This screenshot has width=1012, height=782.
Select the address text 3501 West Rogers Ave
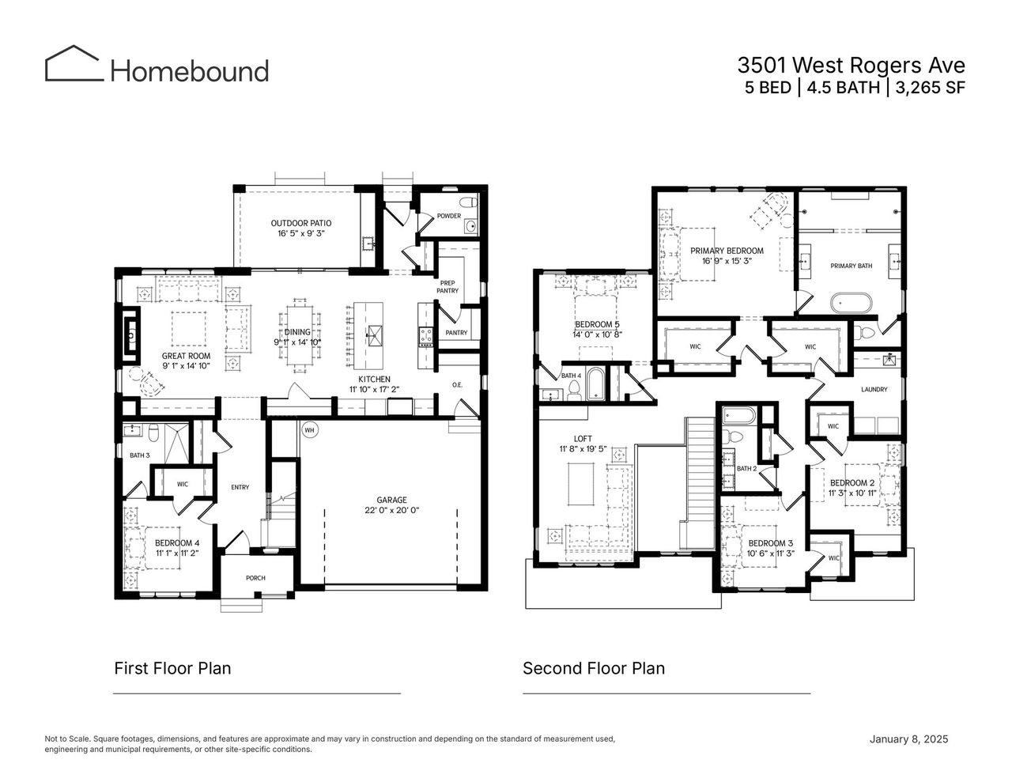pyautogui.click(x=851, y=64)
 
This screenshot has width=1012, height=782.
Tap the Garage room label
pyautogui.click(x=391, y=500)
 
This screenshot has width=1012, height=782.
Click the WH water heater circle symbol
pyautogui.click(x=308, y=429)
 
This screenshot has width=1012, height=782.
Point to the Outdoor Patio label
pyautogui.click(x=300, y=223)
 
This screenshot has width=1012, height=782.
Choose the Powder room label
pyautogui.click(x=448, y=216)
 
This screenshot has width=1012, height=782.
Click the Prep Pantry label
pyautogui.click(x=447, y=286)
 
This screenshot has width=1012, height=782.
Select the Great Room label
pyautogui.click(x=187, y=356)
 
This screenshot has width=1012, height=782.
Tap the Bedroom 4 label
pyautogui.click(x=176, y=542)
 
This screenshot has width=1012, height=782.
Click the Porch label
pyautogui.click(x=255, y=578)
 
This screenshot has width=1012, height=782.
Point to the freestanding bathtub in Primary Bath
pyautogui.click(x=850, y=303)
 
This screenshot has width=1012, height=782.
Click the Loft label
pyautogui.click(x=583, y=438)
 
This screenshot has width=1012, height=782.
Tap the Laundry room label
pyautogui.click(x=874, y=389)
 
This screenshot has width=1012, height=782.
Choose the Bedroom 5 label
pyautogui.click(x=597, y=324)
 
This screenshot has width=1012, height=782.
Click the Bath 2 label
pyautogui.click(x=747, y=469)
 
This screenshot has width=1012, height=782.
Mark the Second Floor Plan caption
pyautogui.click(x=593, y=668)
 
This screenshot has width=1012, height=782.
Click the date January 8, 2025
pyautogui.click(x=908, y=739)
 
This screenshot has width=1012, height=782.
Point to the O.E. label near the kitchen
pyautogui.click(x=457, y=385)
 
